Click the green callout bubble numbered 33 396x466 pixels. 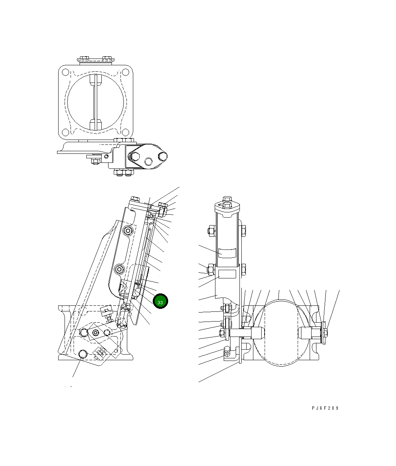[x=160, y=301]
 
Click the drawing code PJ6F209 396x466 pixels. [x=325, y=408]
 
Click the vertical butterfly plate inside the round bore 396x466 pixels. [x=95, y=102]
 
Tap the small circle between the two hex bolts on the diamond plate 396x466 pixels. [x=149, y=162]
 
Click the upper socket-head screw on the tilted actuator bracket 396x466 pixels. [x=128, y=231]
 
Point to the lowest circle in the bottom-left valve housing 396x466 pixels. [x=83, y=354]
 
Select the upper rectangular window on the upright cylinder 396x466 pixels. [x=227, y=253]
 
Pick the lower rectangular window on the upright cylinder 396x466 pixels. [x=227, y=274]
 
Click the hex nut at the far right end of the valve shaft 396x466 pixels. [x=325, y=332]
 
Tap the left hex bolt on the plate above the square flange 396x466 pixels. [x=83, y=59]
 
